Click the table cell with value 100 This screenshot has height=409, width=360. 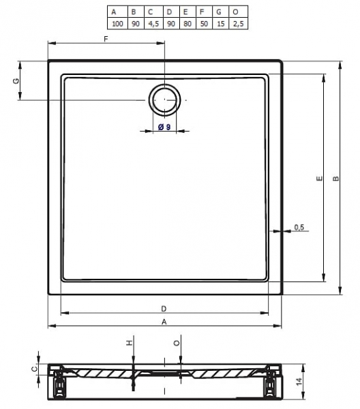[x=117, y=23]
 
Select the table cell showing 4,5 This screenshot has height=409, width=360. [x=153, y=23]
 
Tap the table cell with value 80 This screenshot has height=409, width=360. [x=187, y=23]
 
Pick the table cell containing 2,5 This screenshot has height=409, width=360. [x=238, y=23]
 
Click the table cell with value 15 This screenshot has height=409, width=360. [x=221, y=23]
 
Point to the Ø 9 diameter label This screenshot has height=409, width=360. [x=164, y=127]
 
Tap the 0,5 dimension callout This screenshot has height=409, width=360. [x=299, y=227]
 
